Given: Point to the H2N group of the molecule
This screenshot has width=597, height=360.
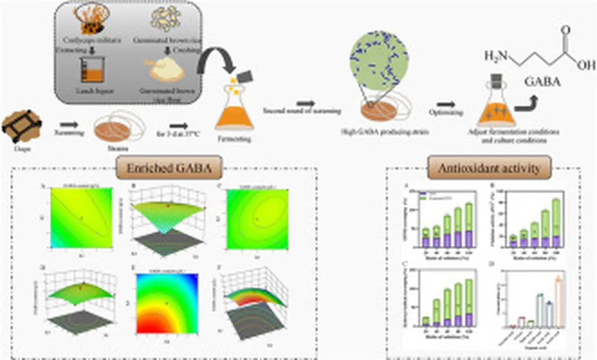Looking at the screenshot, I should point(496,57).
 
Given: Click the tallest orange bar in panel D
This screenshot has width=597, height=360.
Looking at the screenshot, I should point(560,303).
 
